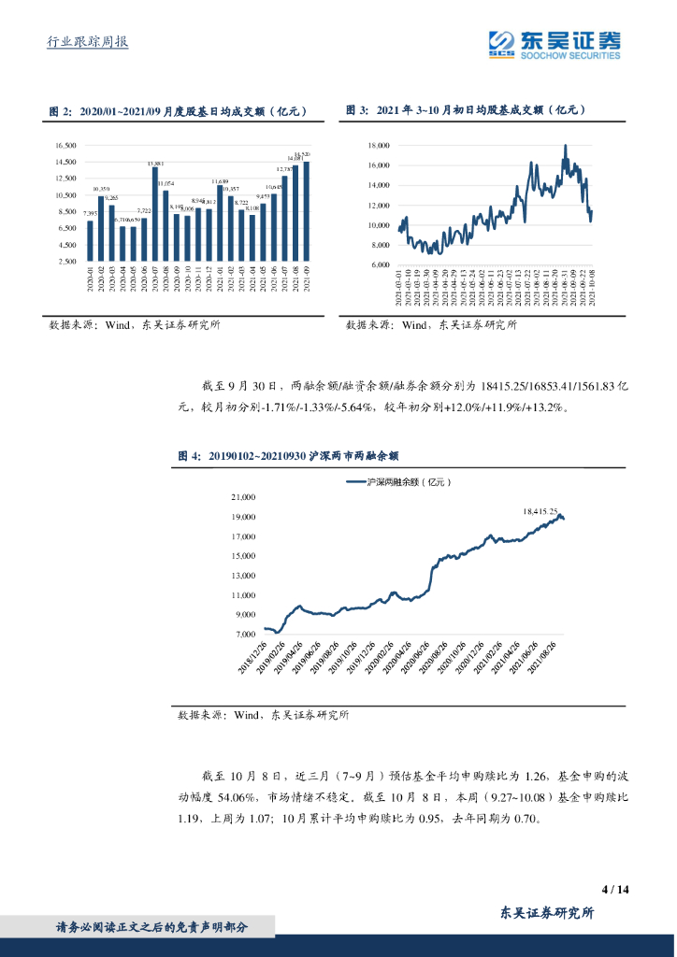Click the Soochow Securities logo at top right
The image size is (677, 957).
tap(555, 41)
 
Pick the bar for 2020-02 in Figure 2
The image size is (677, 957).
tap(101, 228)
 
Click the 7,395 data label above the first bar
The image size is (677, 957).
tap(90, 214)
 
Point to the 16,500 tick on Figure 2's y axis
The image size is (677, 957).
tap(65, 145)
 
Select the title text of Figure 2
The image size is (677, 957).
tap(178, 110)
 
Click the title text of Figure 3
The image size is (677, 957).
tap(465, 110)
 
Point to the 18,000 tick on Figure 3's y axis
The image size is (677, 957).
tap(377, 146)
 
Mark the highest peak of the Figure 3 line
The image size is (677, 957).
tap(565, 146)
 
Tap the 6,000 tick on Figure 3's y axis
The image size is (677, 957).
tap(379, 264)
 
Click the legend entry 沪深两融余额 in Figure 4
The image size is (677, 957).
tap(398, 482)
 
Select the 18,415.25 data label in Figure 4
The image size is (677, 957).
tap(540, 511)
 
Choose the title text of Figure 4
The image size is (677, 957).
tap(288, 456)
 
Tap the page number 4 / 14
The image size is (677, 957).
tap(616, 889)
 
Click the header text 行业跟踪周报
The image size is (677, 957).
tap(87, 43)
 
